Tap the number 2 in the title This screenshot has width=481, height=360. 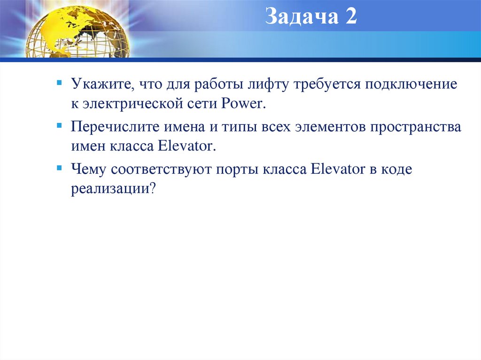click(351, 17)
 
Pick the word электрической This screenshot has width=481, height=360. click(132, 104)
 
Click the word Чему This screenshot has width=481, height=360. click(88, 169)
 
